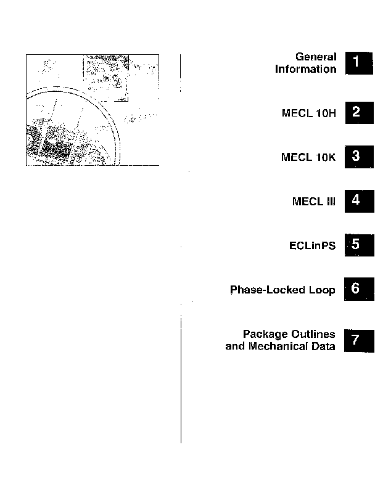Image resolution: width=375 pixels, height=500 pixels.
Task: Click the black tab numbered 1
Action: click(x=360, y=63)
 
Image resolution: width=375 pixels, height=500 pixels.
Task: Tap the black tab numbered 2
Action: click(x=360, y=113)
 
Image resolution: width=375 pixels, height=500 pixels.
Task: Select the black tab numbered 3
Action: click(x=360, y=157)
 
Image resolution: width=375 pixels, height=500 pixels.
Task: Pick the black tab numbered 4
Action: click(x=360, y=201)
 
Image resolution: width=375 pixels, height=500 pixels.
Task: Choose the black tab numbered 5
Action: click(x=360, y=245)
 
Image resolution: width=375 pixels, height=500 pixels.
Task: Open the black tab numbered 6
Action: click(x=359, y=289)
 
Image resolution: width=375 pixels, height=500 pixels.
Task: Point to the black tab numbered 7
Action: click(x=359, y=341)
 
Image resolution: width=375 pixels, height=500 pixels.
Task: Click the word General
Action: click(x=316, y=57)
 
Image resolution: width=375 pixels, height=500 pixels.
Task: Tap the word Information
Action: click(x=306, y=69)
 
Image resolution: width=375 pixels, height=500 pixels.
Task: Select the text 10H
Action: click(x=326, y=113)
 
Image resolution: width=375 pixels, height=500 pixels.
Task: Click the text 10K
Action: click(x=326, y=157)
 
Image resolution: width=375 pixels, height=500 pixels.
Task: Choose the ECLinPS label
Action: click(x=313, y=245)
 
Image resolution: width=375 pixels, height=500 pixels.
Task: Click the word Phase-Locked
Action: click(x=268, y=290)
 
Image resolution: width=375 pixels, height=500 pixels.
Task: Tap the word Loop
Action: click(x=322, y=290)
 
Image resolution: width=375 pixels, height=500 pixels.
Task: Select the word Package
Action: click(x=265, y=334)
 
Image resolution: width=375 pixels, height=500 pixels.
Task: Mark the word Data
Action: click(x=323, y=346)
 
